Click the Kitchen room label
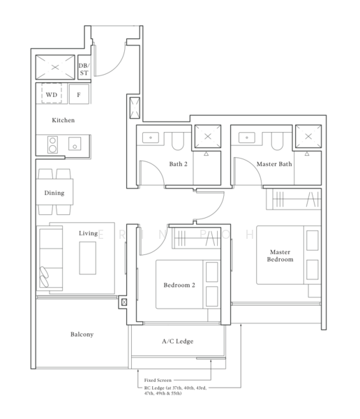pos(63,120)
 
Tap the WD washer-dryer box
pos(52,94)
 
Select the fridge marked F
pos(78,94)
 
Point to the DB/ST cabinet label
pos(84,68)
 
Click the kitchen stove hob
pos(52,144)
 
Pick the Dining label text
pos(54,193)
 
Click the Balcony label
pos(82,335)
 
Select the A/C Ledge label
pos(177,341)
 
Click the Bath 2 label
pos(179,165)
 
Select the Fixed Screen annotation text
pos(159,380)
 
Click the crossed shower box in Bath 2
pos(207,136)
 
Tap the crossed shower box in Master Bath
pos(307,136)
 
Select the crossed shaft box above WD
pos(55,68)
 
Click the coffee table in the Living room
pos(88,258)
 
